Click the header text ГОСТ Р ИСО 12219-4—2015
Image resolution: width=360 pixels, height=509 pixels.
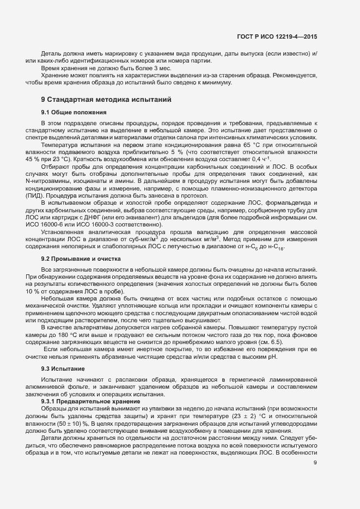point(277,37)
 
